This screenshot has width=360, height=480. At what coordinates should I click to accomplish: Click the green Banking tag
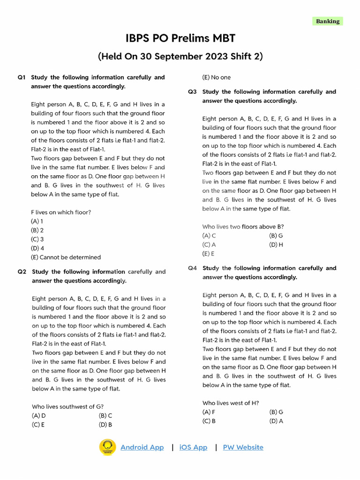click(x=327, y=21)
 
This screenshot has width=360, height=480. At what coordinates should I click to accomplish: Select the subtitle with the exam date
click(x=180, y=57)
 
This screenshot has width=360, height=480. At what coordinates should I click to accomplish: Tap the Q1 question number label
click(x=21, y=77)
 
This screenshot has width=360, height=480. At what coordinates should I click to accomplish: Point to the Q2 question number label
click(x=22, y=272)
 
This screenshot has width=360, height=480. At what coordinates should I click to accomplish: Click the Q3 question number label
click(x=192, y=92)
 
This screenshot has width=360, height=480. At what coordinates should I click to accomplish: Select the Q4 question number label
click(x=192, y=268)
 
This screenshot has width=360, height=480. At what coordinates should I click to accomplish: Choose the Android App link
click(x=142, y=447)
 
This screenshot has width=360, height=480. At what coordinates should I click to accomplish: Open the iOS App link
click(x=193, y=447)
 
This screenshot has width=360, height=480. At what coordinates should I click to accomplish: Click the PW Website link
click(x=243, y=447)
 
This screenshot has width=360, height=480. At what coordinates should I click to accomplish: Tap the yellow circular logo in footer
click(x=108, y=447)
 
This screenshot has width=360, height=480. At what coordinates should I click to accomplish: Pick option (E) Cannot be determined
click(x=66, y=257)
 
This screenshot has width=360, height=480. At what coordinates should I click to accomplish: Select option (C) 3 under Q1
click(x=37, y=239)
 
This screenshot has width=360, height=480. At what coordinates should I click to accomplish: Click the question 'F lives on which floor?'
click(x=61, y=212)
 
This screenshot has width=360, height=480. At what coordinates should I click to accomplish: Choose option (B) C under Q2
click(x=105, y=416)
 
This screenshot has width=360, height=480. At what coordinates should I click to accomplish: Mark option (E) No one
click(x=217, y=77)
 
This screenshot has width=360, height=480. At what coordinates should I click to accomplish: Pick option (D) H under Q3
click(x=276, y=245)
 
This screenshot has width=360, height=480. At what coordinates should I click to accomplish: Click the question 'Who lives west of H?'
click(x=231, y=403)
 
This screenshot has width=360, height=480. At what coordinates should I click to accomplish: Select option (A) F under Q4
click(x=209, y=412)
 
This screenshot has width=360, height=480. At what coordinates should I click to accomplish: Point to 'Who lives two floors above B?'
click(x=243, y=226)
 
